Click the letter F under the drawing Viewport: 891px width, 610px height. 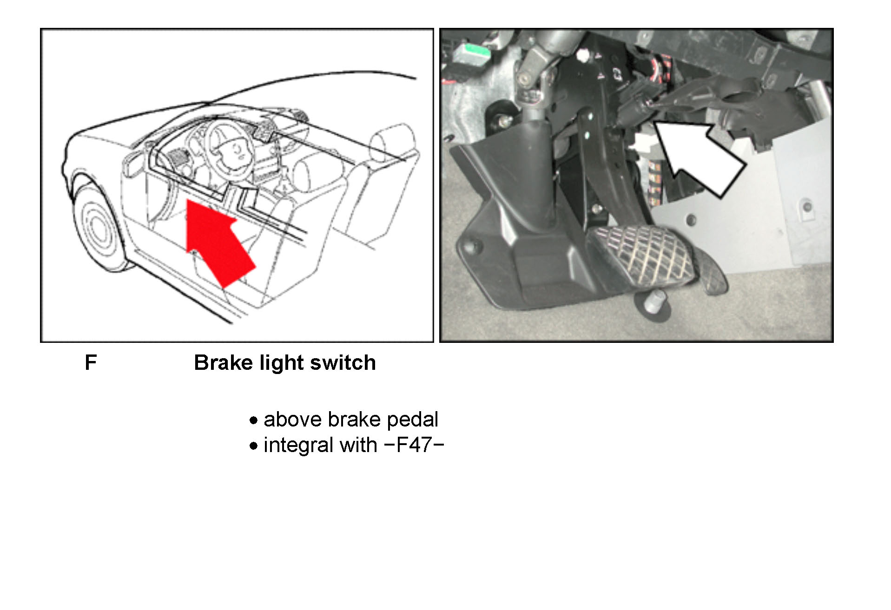pyautogui.click(x=91, y=362)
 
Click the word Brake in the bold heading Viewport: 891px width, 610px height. pyautogui.click(x=224, y=362)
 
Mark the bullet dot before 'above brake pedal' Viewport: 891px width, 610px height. pyautogui.click(x=253, y=420)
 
